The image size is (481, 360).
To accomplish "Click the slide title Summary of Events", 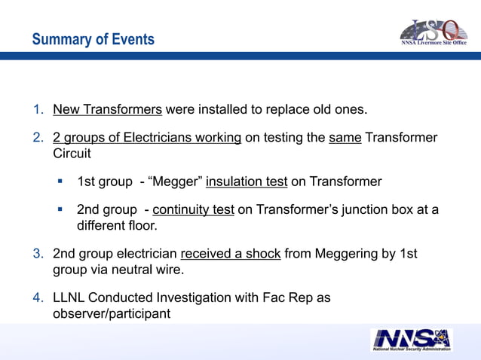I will click(93, 39).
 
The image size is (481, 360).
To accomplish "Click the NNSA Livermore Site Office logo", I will click(433, 32).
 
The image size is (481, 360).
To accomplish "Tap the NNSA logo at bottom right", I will click(411, 340).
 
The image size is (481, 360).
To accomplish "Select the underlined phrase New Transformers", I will click(107, 110).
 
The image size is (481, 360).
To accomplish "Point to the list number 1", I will click(38, 110).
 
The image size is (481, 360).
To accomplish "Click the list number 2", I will click(38, 139).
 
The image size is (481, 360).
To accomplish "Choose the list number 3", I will click(38, 255).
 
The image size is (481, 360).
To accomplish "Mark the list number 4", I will click(38, 297).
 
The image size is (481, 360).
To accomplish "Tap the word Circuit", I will click(72, 153).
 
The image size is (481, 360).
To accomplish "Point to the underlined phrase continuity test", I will click(193, 210).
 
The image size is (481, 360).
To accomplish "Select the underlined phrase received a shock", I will click(231, 255).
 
